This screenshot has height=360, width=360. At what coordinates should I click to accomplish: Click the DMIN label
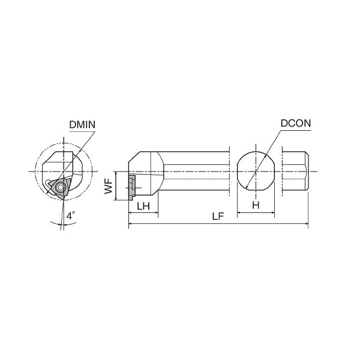82,125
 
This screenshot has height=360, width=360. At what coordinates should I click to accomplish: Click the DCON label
296,123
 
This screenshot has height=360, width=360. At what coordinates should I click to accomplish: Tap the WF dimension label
109,186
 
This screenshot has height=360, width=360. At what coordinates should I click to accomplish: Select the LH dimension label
143,206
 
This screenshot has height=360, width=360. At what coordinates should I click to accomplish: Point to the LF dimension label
218,216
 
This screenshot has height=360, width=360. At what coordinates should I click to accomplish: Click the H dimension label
256,205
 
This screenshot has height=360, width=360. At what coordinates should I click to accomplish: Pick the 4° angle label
71,215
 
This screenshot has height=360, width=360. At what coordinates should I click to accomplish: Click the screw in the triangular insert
61,187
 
